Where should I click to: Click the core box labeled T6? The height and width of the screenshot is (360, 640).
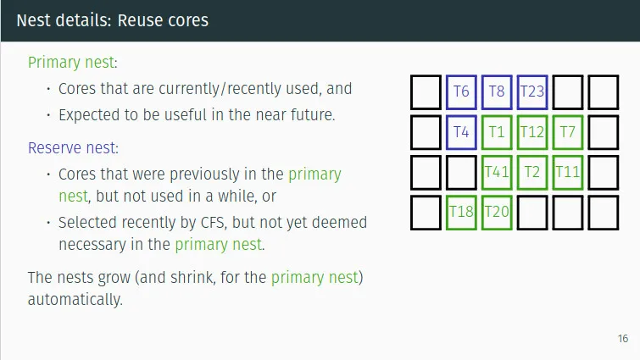click(x=461, y=91)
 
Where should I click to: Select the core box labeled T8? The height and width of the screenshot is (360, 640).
click(x=497, y=91)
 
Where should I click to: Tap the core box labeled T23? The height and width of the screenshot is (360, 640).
click(x=532, y=91)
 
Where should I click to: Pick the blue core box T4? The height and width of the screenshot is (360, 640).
click(x=461, y=132)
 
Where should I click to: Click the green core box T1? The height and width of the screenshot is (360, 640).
click(x=497, y=132)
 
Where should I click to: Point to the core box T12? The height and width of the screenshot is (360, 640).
click(x=532, y=132)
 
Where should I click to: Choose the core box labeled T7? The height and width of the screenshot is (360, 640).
click(x=568, y=132)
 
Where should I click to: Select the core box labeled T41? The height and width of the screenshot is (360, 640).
click(x=497, y=172)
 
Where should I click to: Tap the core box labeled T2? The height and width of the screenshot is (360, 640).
click(x=532, y=172)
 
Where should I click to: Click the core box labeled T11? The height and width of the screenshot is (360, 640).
click(x=568, y=172)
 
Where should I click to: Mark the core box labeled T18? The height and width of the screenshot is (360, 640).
click(x=461, y=212)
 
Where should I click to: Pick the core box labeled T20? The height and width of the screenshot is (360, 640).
click(x=497, y=212)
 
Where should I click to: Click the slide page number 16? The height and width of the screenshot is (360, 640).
click(x=623, y=339)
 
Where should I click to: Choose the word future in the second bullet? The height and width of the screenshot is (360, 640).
click(x=310, y=114)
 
